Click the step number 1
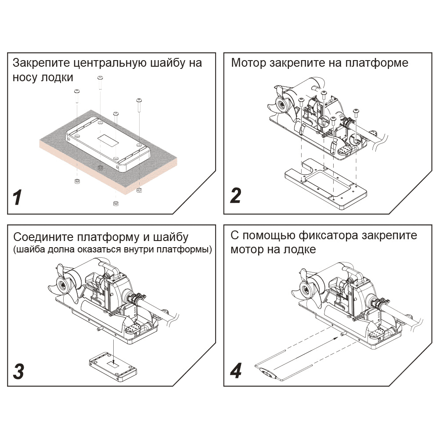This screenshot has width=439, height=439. [18, 198]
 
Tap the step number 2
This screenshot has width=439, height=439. [236, 195]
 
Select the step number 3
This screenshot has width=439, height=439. [18, 371]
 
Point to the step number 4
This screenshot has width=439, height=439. [236, 371]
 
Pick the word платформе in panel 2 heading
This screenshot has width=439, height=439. [377, 63]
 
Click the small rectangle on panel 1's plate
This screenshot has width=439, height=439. [108, 140]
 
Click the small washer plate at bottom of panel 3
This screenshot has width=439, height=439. [113, 367]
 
